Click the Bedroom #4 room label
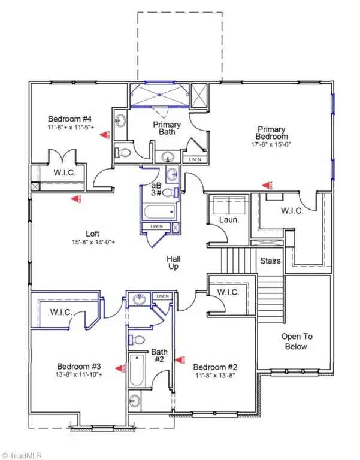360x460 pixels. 65,118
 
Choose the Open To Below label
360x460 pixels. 297,341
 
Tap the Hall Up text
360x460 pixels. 174,263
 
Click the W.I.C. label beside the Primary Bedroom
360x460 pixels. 291,211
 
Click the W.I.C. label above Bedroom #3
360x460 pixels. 62,312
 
